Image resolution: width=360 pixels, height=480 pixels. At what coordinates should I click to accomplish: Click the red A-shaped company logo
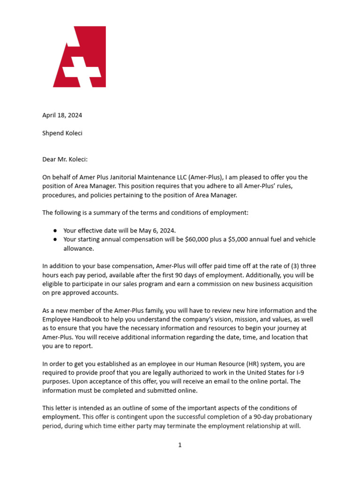80,57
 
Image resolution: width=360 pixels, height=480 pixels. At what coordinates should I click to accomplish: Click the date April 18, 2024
62,115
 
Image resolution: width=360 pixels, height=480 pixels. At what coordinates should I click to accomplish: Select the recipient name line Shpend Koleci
62,133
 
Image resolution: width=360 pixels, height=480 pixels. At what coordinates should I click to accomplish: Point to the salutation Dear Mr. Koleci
65,159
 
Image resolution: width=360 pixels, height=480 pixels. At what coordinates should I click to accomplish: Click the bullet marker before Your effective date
55,231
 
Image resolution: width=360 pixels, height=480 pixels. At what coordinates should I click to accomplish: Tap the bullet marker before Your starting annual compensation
55,240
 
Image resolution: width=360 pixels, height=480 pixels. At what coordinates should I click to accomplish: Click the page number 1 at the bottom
180,445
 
